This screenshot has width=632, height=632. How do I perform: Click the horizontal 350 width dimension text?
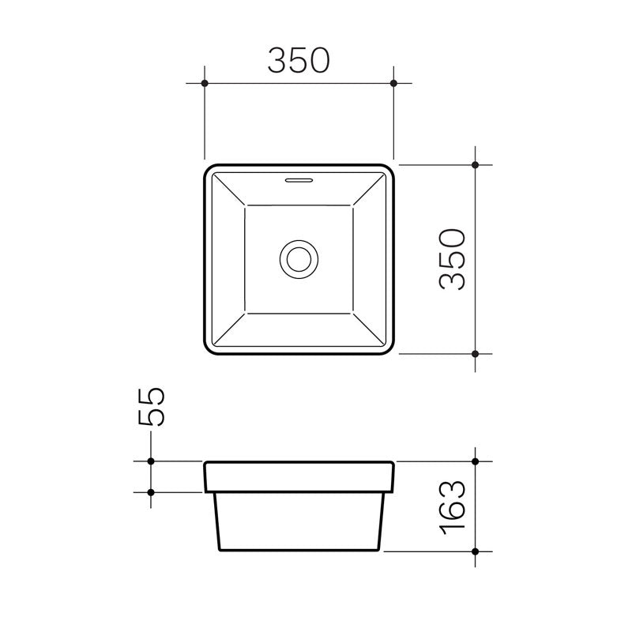(298, 61)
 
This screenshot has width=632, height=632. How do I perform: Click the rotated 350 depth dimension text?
(453, 259)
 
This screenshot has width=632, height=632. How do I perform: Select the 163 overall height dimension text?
(453, 506)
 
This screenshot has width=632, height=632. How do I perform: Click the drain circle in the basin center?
(299, 259)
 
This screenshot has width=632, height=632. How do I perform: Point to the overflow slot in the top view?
(299, 180)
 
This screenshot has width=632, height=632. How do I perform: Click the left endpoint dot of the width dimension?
(205, 82)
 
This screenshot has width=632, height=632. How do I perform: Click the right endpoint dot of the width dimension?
(393, 82)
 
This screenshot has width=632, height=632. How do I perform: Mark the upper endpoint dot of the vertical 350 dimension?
(475, 165)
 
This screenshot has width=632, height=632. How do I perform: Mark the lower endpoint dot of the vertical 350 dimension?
(475, 354)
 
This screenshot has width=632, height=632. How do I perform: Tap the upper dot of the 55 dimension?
(150, 461)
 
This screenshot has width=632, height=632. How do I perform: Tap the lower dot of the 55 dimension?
(150, 491)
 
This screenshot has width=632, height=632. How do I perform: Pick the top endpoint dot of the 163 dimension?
(475, 461)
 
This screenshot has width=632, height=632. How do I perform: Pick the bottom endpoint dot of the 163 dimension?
(475, 550)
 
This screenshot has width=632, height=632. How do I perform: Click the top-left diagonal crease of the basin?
(229, 190)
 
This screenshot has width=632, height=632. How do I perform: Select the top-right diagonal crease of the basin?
(368, 190)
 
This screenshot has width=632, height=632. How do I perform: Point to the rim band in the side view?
(299, 476)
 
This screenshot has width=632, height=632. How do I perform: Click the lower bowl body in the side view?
(299, 521)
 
